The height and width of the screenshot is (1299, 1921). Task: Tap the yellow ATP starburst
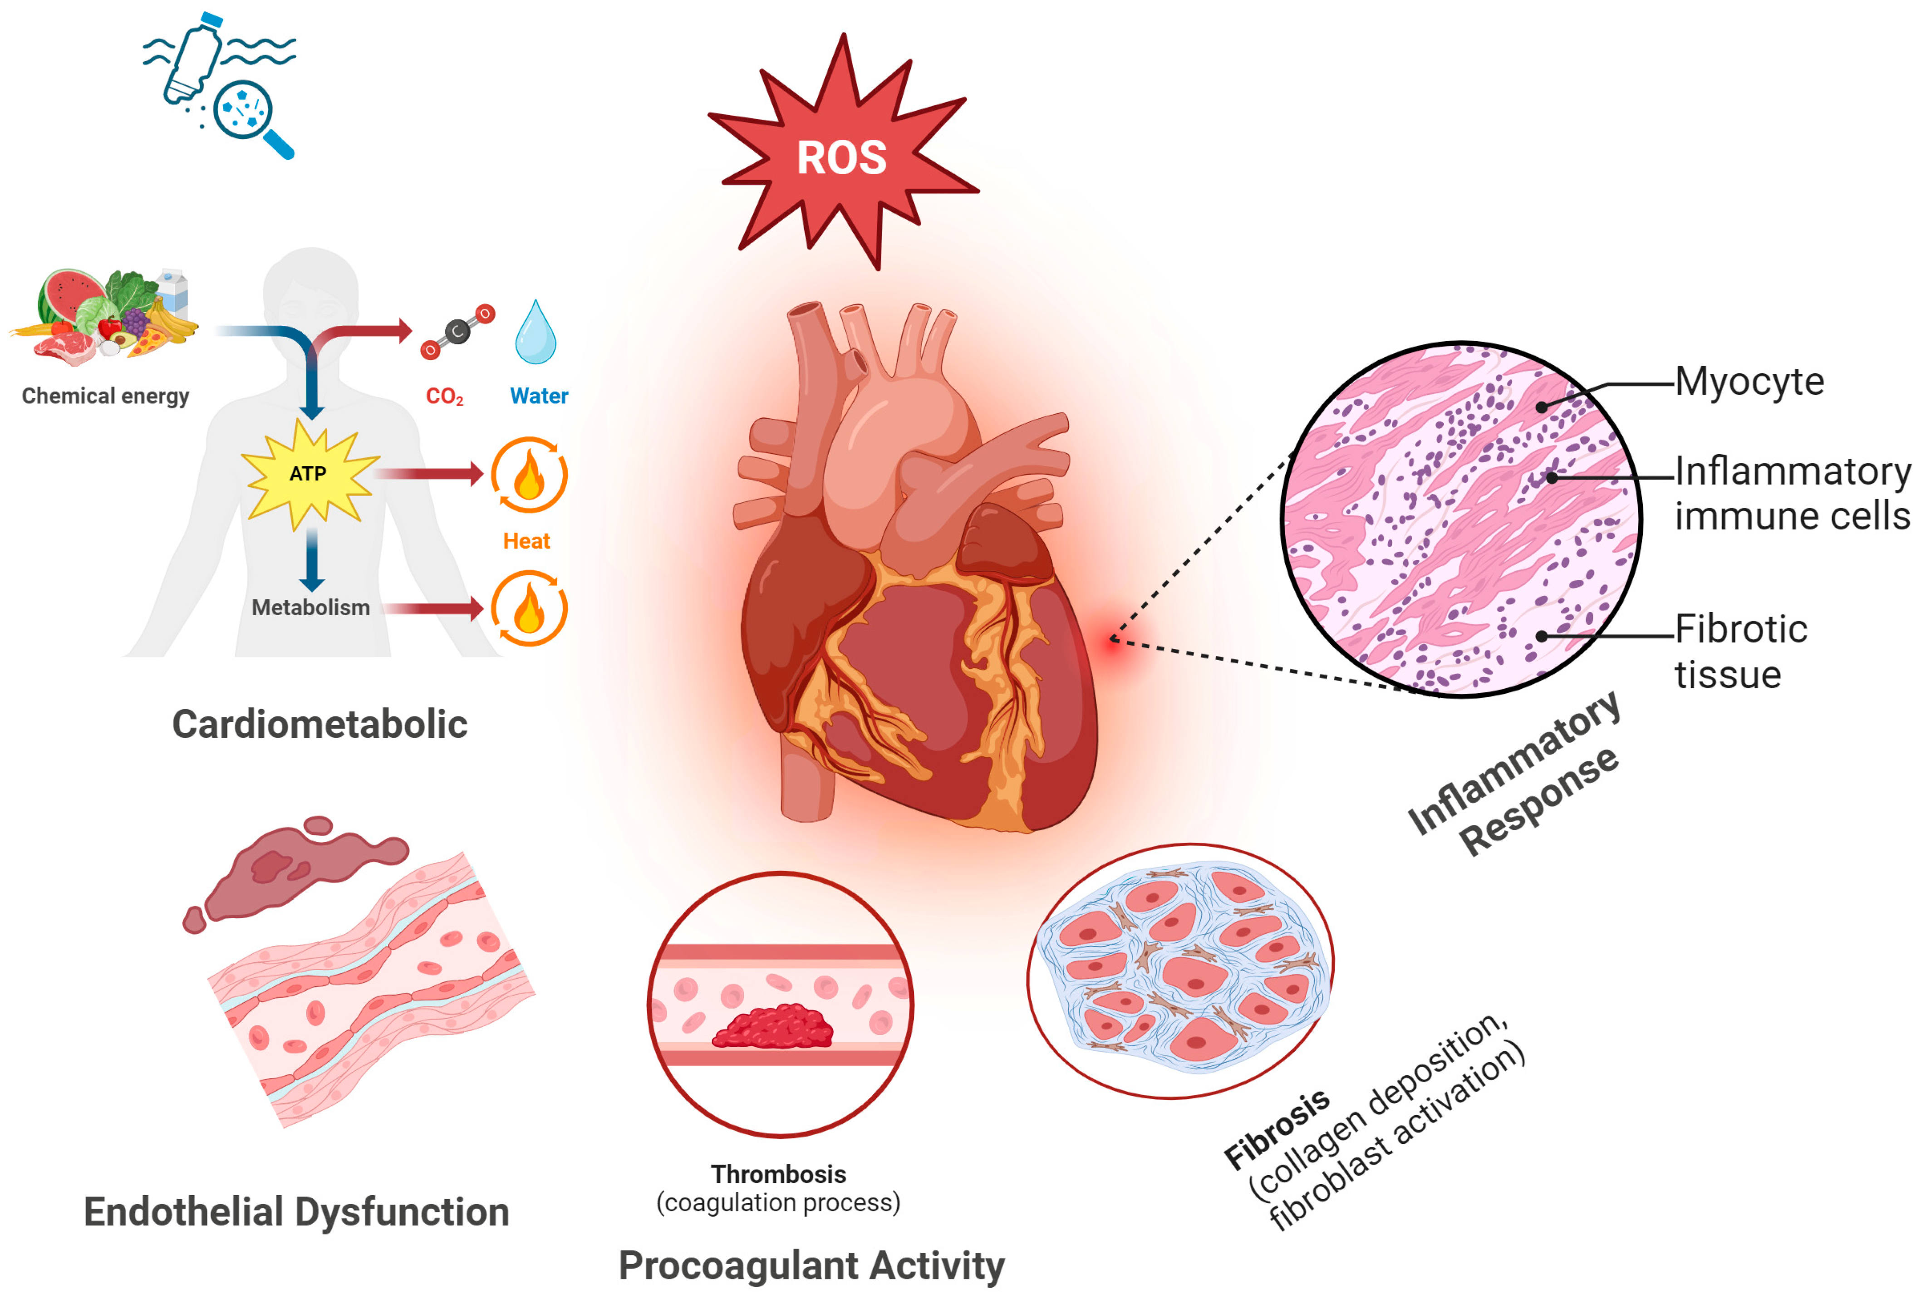308,474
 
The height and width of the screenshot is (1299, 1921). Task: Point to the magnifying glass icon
248,114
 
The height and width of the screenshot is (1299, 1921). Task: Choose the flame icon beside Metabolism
529,608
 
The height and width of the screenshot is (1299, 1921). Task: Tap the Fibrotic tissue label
1740,651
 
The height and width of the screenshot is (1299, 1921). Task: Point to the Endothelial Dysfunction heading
296,1211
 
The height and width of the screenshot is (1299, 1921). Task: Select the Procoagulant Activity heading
811,1265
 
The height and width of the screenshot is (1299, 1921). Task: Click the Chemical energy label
105,396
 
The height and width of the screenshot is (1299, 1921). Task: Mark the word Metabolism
310,608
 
